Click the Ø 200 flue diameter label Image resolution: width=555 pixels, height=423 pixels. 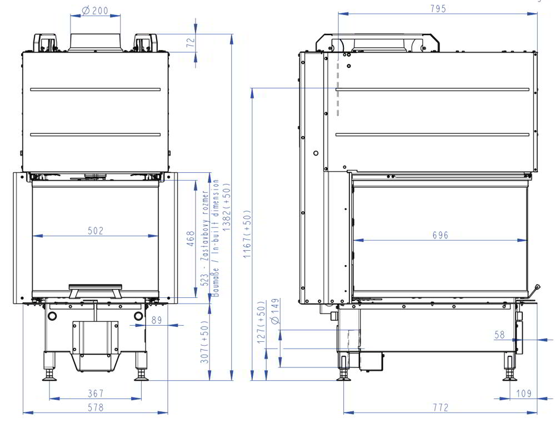tap(95, 11)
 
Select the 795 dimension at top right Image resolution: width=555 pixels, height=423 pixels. tap(438, 8)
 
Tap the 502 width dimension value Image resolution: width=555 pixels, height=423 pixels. tap(95, 231)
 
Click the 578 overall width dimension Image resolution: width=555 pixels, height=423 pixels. tap(96, 407)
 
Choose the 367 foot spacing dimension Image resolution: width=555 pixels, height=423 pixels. tap(95, 393)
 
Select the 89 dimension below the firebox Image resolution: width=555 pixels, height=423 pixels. tap(157, 320)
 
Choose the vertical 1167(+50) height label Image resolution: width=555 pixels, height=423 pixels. tap(247, 233)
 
